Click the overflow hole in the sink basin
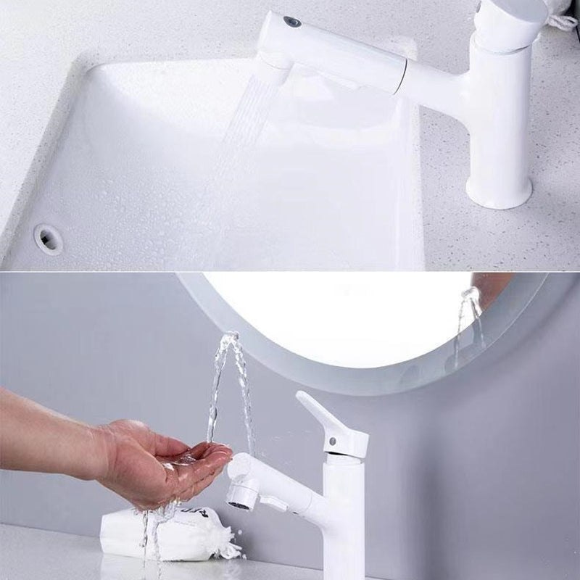click(x=49, y=237)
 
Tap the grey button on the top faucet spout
click(x=292, y=22)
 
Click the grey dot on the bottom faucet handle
click(x=331, y=440)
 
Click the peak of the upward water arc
click(x=231, y=338)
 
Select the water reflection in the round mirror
click(x=468, y=319)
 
